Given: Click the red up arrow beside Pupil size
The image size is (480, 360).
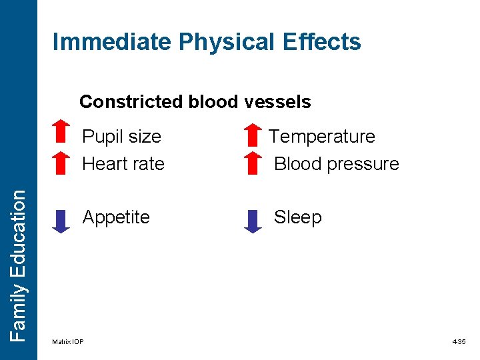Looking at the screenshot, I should pos(61,133).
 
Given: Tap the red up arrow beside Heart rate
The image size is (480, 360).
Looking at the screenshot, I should pos(61,162).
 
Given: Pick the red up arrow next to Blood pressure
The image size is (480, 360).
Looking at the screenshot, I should pos(253,163).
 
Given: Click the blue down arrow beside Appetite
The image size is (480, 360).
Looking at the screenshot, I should pos(61,220).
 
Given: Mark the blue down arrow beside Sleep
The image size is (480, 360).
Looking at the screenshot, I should pos(253,220).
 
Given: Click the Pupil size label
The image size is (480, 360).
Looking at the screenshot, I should pos(121,137).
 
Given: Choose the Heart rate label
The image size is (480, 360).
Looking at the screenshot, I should pos(123,163).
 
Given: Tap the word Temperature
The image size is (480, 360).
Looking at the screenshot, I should pos(322,137).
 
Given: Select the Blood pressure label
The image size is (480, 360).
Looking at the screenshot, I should pos(337,163).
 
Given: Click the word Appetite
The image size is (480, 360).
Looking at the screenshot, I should pos(116,217).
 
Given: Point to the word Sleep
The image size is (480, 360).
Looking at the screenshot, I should pos(298,217).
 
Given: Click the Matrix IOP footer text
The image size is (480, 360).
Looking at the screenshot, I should pos(68,342).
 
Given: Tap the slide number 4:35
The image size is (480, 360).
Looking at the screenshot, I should pos(459,342).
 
